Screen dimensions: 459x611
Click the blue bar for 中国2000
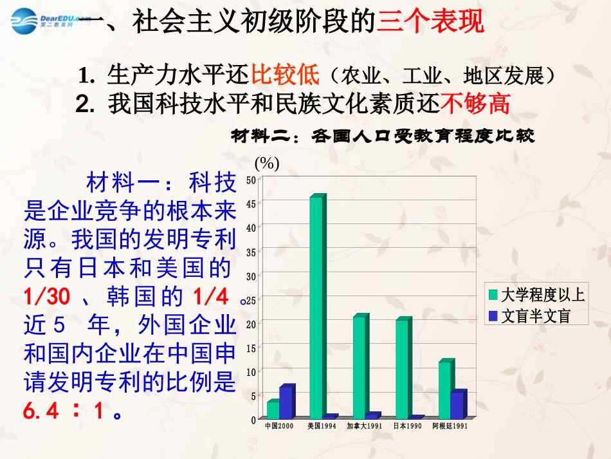285,403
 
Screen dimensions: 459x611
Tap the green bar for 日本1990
402,370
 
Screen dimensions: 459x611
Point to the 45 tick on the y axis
251,203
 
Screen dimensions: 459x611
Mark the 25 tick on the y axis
251,300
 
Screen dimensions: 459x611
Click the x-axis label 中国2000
279,426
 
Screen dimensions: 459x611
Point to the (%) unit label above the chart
267,164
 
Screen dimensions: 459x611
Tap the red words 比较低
285,75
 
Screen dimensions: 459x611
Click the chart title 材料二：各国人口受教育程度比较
382,136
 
